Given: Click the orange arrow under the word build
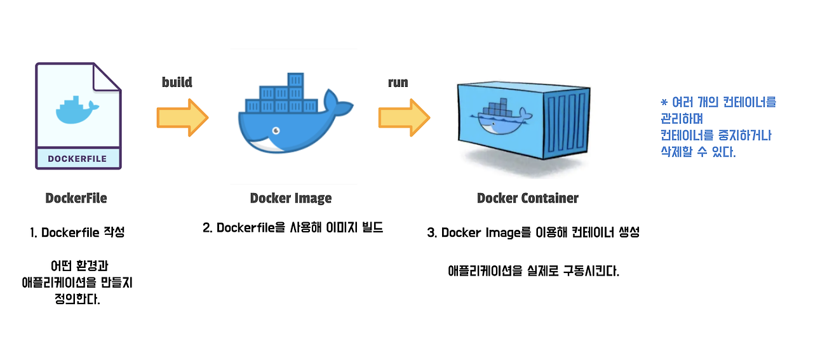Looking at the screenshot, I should pyautogui.click(x=182, y=117).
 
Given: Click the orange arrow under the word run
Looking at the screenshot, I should pyautogui.click(x=405, y=117).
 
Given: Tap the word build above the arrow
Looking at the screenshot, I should pyautogui.click(x=177, y=83).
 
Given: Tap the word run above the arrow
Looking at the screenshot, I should pyautogui.click(x=398, y=83).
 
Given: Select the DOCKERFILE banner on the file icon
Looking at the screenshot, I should pyautogui.click(x=77, y=159).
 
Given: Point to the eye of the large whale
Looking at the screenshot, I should pyautogui.click(x=276, y=131).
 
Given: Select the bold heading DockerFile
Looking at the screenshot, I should pyautogui.click(x=76, y=198).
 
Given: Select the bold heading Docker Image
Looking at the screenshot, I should pyautogui.click(x=291, y=198).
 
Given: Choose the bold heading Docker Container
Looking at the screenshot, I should pyautogui.click(x=528, y=198).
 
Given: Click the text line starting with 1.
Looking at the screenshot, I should pyautogui.click(x=77, y=232).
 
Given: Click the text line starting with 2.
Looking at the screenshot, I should pyautogui.click(x=293, y=228).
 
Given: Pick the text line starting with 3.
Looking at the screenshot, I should pyautogui.click(x=533, y=232).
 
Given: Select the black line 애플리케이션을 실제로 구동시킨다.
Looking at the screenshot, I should pyautogui.click(x=533, y=271).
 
